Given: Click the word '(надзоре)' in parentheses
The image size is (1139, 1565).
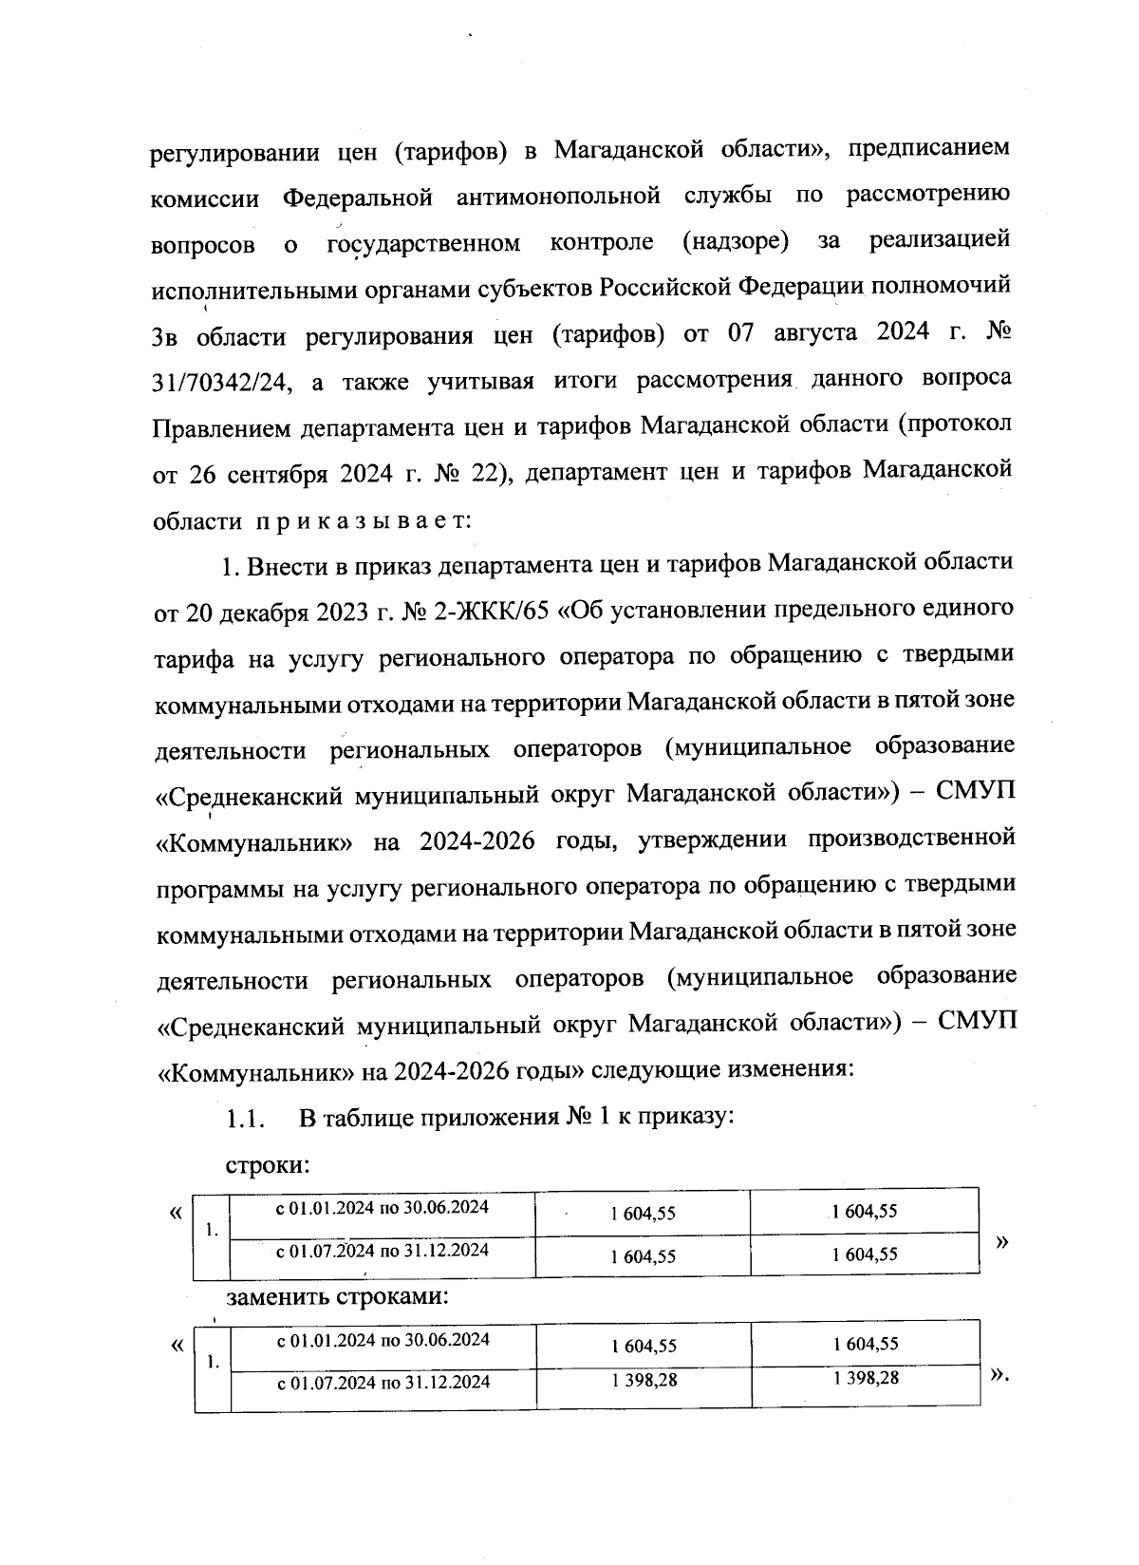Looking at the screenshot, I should (x=736, y=242).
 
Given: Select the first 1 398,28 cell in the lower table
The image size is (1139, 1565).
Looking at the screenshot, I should (x=644, y=1380).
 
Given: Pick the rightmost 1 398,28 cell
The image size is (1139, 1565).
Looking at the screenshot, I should (x=865, y=1378).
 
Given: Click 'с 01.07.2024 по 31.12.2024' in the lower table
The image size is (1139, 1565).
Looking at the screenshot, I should (x=383, y=1383).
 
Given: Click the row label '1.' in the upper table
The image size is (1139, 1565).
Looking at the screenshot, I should (x=213, y=1231).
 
